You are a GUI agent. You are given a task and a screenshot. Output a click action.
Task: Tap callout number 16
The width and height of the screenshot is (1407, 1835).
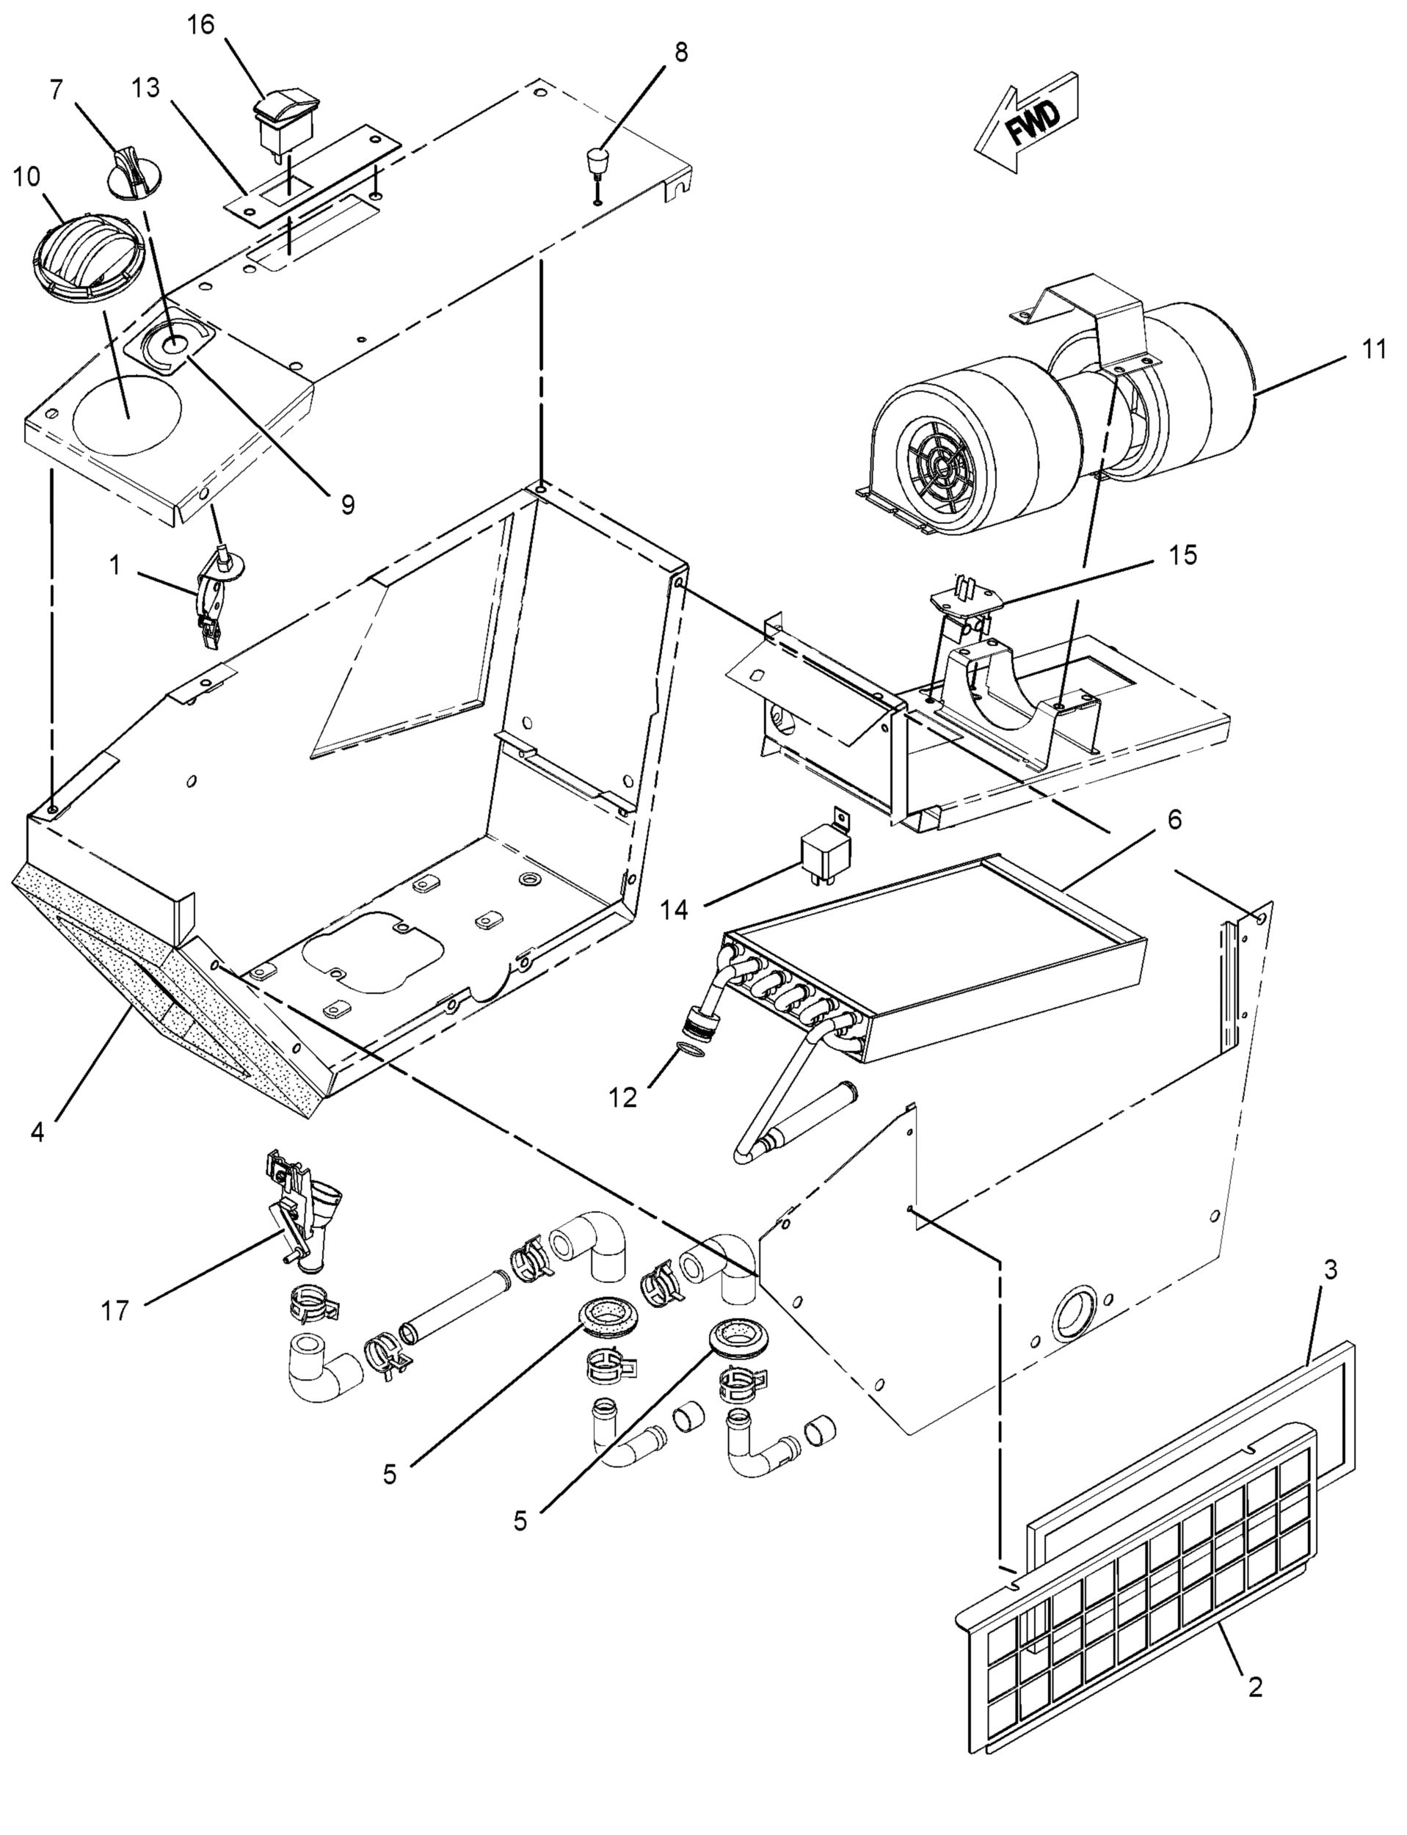[201, 25]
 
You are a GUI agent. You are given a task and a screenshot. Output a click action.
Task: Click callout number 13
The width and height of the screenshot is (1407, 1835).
[146, 87]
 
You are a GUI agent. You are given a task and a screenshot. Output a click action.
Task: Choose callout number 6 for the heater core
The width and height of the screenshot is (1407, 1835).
[1174, 820]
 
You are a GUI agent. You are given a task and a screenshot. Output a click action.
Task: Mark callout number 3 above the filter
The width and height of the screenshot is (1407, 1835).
[1330, 1270]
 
